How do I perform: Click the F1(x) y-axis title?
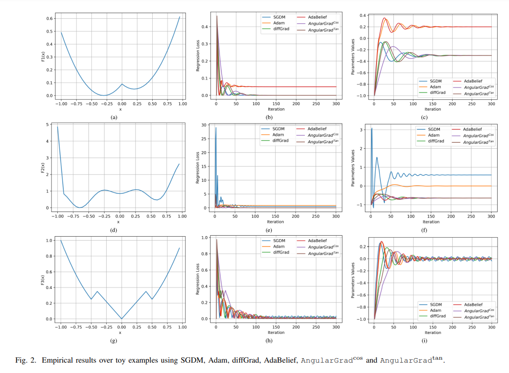tap(44, 57)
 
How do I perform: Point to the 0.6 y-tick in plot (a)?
tap(49, 18)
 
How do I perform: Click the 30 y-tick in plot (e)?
tap(209, 125)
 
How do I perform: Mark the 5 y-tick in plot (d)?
tap(51, 124)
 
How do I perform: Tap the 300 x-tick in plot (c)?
tap(491, 104)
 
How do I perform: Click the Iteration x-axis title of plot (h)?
tap(276, 332)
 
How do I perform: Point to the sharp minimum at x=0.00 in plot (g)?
tap(122, 319)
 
